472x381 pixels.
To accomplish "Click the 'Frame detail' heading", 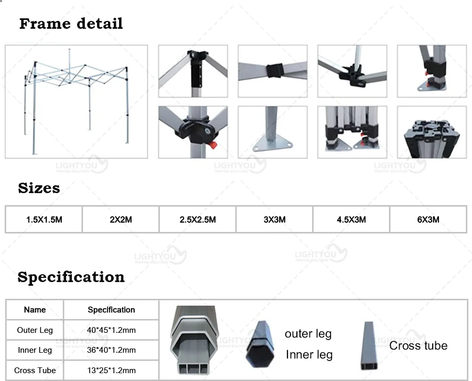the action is click(x=71, y=24).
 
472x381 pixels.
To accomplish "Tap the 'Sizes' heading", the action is click(x=39, y=188).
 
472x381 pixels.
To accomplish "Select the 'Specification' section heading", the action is click(x=71, y=277).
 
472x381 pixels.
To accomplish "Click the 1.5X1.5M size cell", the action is click(x=44, y=219).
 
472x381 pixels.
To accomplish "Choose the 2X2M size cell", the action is click(x=121, y=219).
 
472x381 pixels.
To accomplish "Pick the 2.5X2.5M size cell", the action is click(x=197, y=219).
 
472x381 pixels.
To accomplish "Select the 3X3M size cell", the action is click(x=274, y=219).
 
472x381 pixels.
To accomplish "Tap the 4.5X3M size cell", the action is click(x=351, y=219).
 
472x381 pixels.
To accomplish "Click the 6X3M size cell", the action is click(x=428, y=219).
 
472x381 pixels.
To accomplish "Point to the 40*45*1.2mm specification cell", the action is click(x=111, y=330).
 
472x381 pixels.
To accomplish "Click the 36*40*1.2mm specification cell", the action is click(x=111, y=350).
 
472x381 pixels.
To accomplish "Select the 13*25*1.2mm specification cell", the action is click(x=111, y=370).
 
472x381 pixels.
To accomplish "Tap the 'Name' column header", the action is click(x=35, y=310).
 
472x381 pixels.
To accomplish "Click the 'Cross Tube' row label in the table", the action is click(x=35, y=370).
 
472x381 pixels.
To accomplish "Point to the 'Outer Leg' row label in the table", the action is click(x=35, y=330).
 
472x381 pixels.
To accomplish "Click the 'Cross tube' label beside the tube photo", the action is click(x=418, y=345).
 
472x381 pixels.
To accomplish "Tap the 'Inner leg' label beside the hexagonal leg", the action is click(x=309, y=355).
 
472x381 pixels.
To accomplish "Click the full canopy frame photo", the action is click(x=77, y=102).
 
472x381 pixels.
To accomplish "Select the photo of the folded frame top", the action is click(x=431, y=132).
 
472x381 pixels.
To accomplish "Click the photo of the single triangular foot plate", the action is click(x=272, y=132).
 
